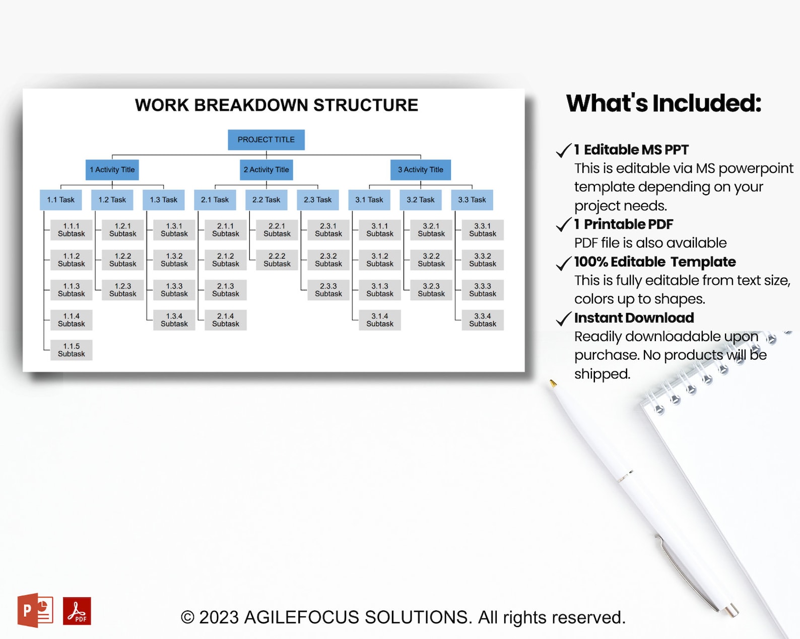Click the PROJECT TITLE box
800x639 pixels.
point(266,140)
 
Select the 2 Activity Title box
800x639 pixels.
point(266,170)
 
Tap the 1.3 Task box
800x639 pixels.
point(163,200)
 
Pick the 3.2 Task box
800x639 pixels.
point(420,200)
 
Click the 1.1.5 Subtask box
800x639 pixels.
point(71,350)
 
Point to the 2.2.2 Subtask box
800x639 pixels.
point(277,260)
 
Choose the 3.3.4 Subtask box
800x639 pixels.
point(482,320)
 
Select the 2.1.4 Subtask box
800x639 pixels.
point(225,320)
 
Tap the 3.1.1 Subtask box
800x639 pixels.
point(379,230)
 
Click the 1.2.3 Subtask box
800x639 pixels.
point(122,290)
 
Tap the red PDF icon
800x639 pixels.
point(77,611)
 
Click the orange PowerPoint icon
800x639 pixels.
point(35,610)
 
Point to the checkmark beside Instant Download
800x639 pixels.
point(563,318)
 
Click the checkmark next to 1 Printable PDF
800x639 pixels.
point(563,224)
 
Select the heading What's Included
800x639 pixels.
point(663,103)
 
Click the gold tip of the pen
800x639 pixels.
point(553,383)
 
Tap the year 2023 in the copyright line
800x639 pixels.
point(219,617)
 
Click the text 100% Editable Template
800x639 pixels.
point(654,262)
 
